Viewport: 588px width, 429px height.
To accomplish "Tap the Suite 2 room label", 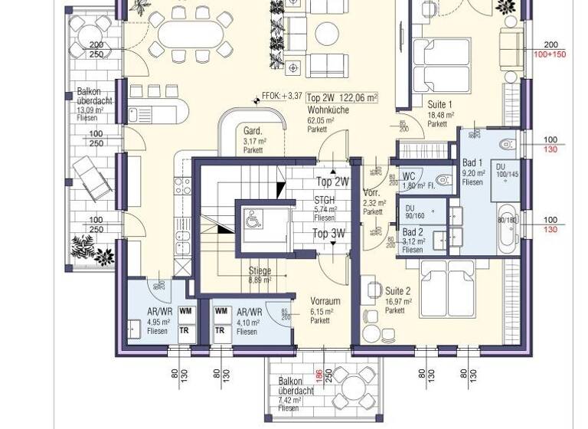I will (398, 291).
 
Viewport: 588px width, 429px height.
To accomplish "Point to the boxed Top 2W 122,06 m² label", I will (343, 97).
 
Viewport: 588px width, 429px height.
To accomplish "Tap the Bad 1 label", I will (472, 163).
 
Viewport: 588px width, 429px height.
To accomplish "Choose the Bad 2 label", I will (413, 232).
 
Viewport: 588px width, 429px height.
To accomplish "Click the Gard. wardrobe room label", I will (253, 130).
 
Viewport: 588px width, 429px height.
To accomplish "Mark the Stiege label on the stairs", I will (260, 270).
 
